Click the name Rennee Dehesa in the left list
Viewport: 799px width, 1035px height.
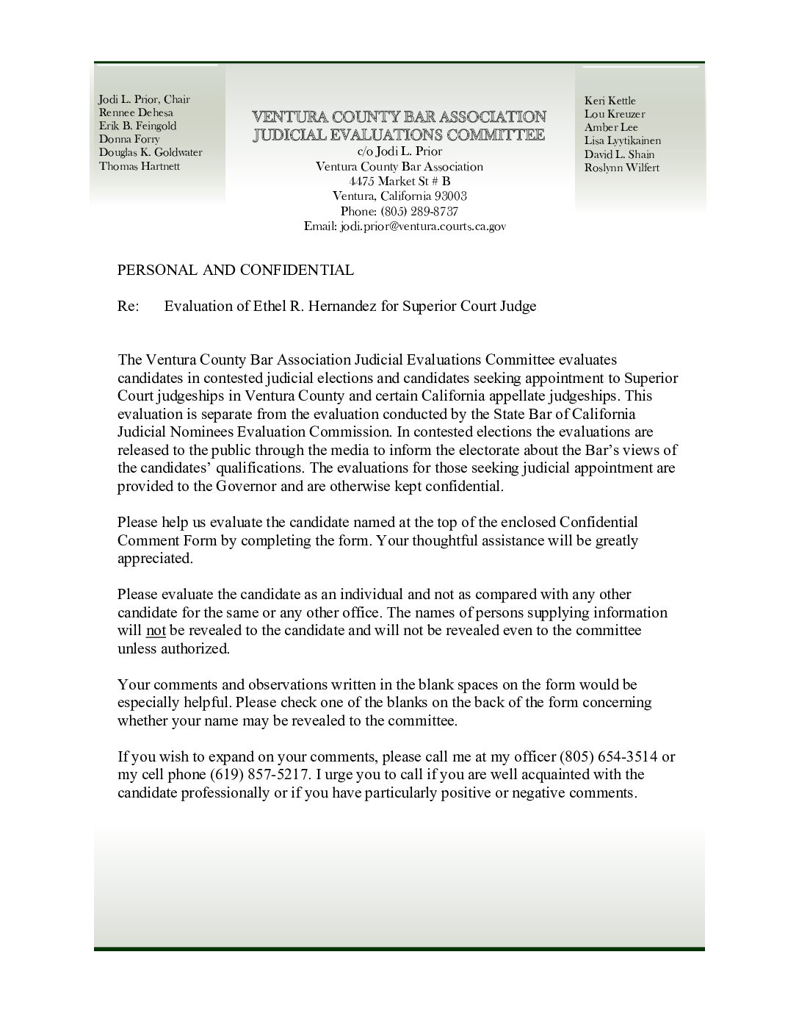point(136,112)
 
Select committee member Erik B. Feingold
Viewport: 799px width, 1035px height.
point(137,126)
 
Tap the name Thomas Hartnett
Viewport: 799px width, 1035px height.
point(140,165)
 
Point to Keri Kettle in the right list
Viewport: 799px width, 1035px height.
point(610,101)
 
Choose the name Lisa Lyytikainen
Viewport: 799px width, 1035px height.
point(622,140)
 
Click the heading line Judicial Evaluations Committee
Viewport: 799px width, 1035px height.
point(399,135)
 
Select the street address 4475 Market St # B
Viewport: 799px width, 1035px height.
point(399,182)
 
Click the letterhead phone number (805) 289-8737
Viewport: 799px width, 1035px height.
point(421,212)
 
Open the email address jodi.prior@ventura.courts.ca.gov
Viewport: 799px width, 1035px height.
point(422,227)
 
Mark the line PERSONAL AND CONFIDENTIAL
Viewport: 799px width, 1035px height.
point(235,270)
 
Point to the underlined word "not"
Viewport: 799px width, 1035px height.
point(156,631)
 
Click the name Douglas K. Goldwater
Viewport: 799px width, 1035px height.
point(150,152)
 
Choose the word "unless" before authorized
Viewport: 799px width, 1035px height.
point(137,648)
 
